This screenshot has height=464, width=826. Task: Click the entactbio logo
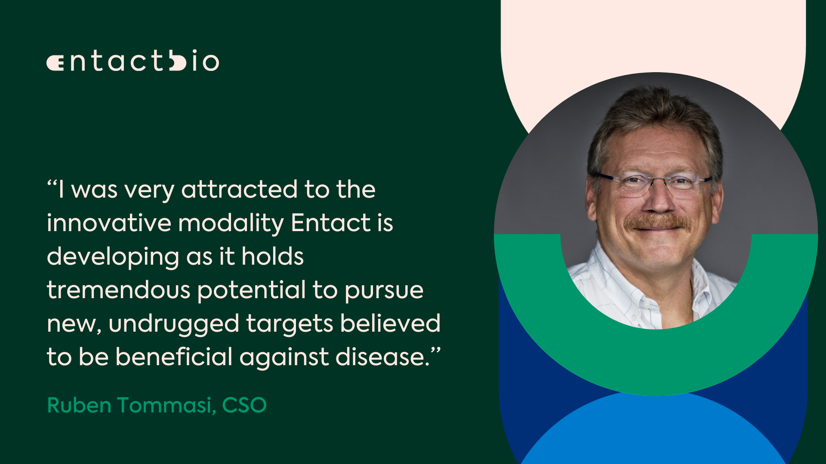pos(133,61)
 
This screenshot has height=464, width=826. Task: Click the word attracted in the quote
pos(239,189)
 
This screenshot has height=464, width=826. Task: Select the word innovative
pos(109,223)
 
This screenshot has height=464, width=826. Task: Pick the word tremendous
pos(118,290)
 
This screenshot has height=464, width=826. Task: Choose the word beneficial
pos(174,357)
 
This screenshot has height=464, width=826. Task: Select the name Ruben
pos(79,405)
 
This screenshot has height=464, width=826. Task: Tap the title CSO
pos(244,405)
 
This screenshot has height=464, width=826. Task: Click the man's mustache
pos(657,222)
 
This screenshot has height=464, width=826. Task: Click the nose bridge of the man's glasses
pos(658,180)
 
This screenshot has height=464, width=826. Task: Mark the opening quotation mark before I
pos(52,183)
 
